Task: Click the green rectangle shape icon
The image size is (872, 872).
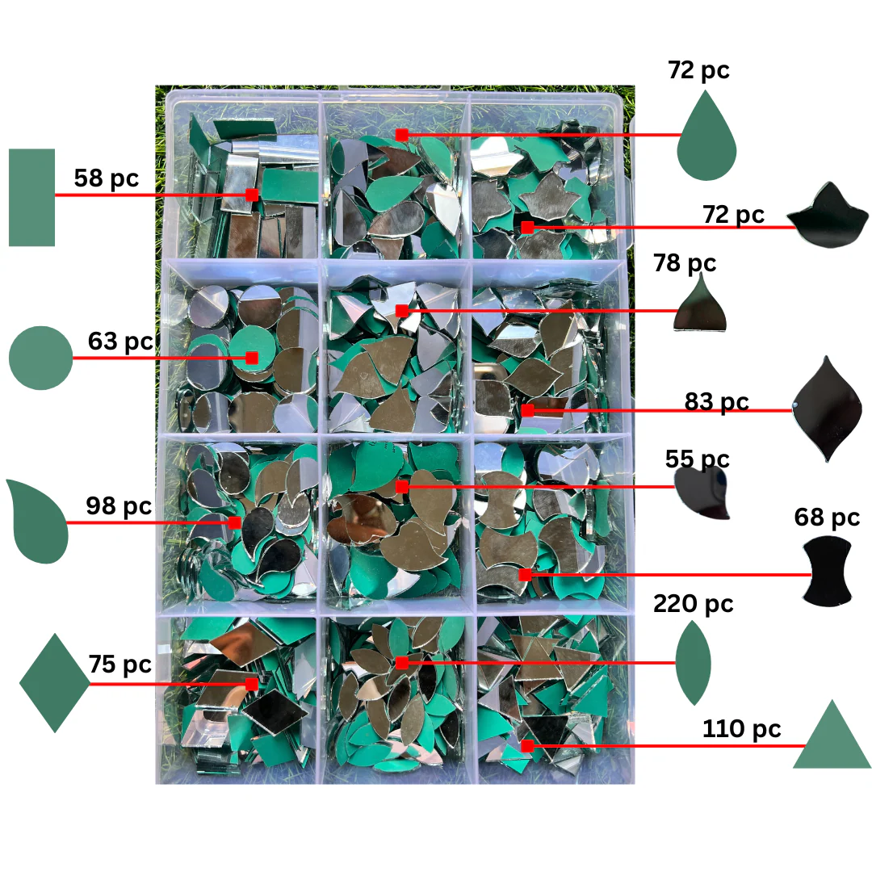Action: pos(31,197)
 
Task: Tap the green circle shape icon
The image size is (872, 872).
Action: pos(40,358)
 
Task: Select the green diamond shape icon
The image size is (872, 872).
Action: pos(55,682)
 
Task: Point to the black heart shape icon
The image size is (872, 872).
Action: pos(702,493)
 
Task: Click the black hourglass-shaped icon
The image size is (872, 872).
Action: pos(828,571)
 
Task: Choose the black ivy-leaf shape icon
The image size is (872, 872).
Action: pos(828,216)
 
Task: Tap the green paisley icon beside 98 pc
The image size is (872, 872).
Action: pos(36,521)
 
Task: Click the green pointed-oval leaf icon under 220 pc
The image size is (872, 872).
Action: pos(693,662)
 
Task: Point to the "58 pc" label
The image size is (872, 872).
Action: pos(107,178)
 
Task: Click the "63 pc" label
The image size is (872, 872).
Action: pos(120,342)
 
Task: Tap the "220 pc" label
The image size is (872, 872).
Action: pos(693,604)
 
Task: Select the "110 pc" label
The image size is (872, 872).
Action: pos(742,728)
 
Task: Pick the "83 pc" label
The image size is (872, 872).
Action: pos(716,401)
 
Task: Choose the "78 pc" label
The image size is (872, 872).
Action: pos(685,263)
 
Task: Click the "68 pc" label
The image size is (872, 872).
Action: pos(827,518)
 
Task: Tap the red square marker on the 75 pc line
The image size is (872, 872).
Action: pos(251,684)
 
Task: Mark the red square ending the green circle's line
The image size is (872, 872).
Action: pos(251,358)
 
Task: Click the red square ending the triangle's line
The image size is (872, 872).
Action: pos(527,746)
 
